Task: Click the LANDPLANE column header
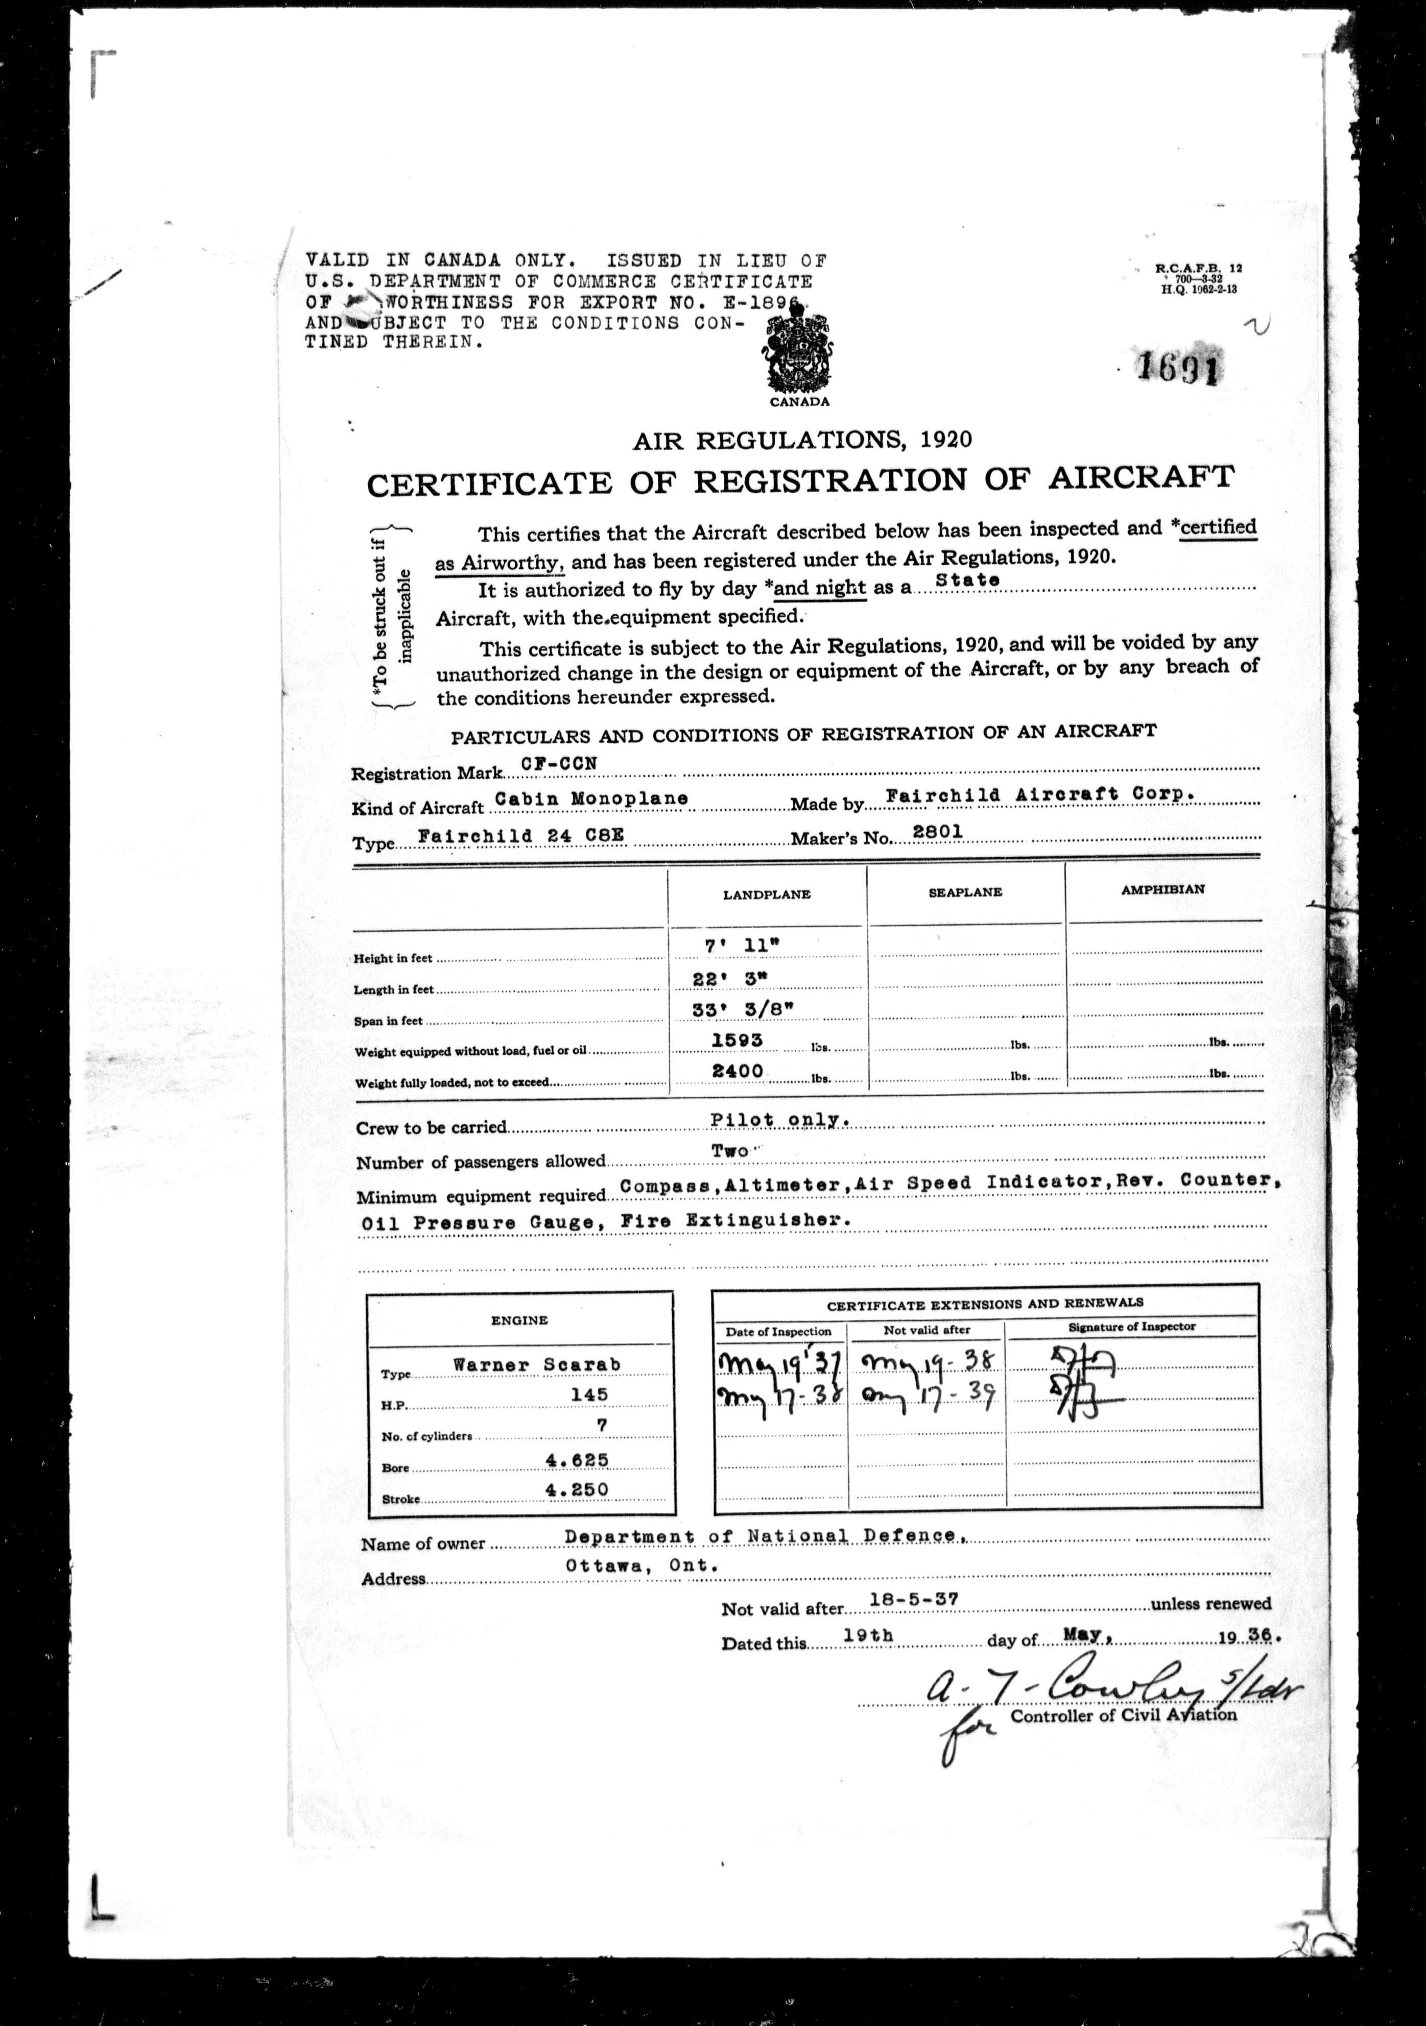766,894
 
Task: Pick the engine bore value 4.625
577,1459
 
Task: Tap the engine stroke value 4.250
577,1489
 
